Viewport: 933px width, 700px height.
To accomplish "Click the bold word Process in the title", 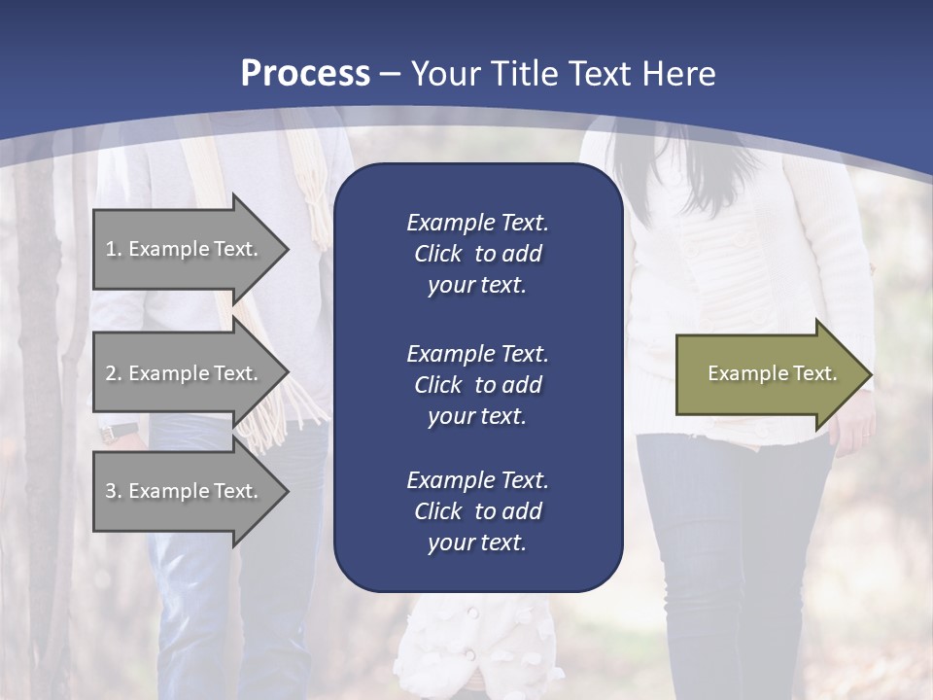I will (x=305, y=74).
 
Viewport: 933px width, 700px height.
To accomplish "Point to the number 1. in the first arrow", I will (x=114, y=249).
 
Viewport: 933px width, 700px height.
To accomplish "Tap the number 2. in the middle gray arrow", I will (x=114, y=373).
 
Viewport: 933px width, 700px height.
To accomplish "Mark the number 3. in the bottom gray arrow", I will (x=114, y=491).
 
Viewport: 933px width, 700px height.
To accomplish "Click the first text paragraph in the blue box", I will (x=477, y=254).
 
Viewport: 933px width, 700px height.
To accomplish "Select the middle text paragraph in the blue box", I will (x=477, y=384).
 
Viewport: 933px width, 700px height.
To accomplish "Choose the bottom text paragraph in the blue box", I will (x=477, y=511).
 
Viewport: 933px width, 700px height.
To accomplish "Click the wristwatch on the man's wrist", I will (x=121, y=432).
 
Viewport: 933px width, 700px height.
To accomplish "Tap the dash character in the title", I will (x=391, y=74).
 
